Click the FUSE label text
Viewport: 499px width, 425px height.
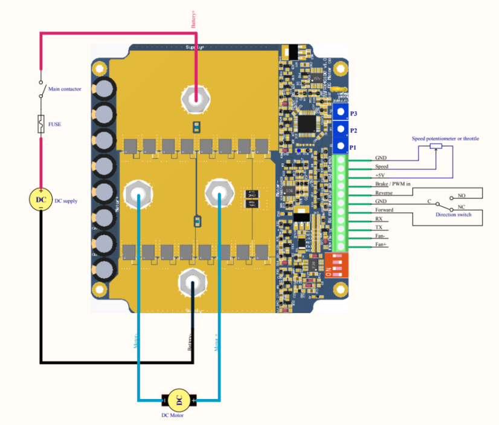pos(54,124)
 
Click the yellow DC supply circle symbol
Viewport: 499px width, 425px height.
pos(40,200)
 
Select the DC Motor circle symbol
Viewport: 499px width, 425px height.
pos(178,399)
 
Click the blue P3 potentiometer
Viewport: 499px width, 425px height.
pos(341,112)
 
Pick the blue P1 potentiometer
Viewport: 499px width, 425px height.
pos(341,146)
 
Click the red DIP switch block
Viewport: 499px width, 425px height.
pos(336,265)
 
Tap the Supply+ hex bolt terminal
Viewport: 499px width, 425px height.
pos(195,99)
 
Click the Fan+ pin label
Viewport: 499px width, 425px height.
pos(381,244)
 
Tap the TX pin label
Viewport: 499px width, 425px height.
pos(378,227)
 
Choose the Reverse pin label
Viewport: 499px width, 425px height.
pos(384,192)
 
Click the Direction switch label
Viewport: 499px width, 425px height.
pos(453,215)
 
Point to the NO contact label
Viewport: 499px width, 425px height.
pos(462,196)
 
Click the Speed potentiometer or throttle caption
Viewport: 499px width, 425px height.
pos(445,138)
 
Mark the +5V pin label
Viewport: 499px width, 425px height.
pos(380,175)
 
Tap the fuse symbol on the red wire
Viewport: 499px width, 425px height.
pos(41,124)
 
